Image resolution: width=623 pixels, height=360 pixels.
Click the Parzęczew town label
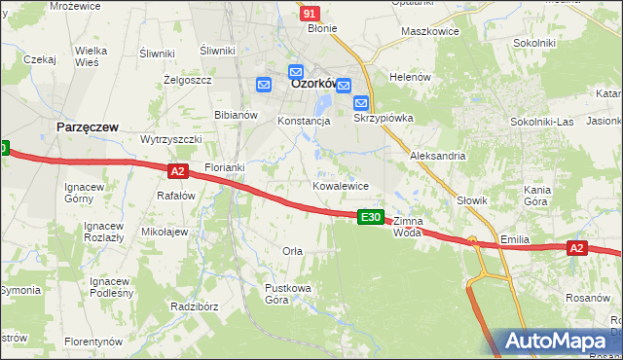click(89, 126)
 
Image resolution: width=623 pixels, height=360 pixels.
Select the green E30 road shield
click(370, 217)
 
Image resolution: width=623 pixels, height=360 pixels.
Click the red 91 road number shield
click(310, 14)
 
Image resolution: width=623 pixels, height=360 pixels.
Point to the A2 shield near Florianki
click(177, 171)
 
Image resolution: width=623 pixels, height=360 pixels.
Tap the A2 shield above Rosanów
click(576, 249)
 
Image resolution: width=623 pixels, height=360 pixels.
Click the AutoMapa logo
click(559, 342)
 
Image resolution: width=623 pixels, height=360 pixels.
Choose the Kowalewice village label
click(340, 185)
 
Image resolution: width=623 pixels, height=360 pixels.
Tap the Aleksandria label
click(438, 156)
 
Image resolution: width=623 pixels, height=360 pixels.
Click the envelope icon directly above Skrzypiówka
click(360, 102)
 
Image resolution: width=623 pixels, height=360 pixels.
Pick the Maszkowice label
click(430, 32)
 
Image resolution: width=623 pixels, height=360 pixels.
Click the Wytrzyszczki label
click(170, 139)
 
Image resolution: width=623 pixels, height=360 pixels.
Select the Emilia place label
click(514, 238)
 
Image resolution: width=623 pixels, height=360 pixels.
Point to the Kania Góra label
click(538, 196)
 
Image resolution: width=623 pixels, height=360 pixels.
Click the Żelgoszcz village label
click(188, 80)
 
